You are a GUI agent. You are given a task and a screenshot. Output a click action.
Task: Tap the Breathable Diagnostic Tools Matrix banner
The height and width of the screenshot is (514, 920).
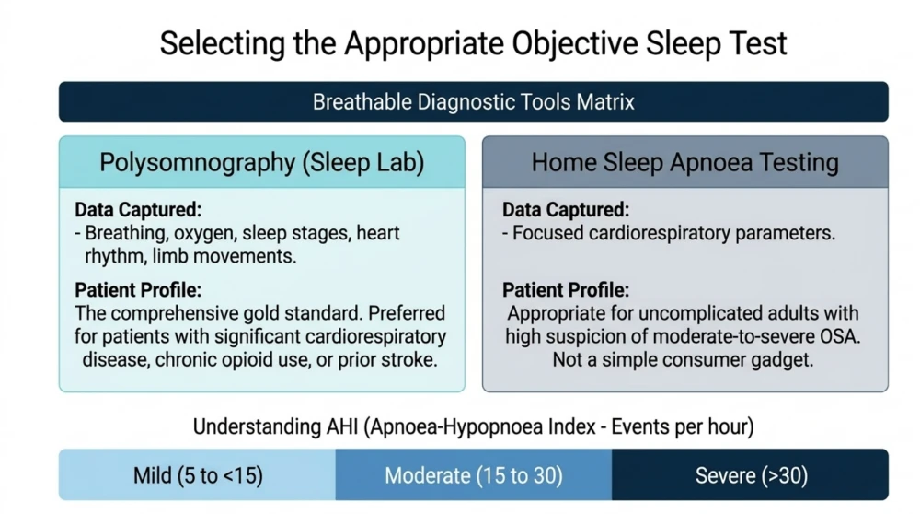coord(474,101)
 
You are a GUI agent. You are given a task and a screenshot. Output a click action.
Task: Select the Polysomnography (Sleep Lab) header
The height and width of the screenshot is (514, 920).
coord(261,162)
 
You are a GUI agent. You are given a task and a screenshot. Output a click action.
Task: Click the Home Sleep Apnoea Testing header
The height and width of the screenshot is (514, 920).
coord(684,162)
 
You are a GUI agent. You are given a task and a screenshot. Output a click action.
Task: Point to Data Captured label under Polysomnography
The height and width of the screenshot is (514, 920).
coord(138,210)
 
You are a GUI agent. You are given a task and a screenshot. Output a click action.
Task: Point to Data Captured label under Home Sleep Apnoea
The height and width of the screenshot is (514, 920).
coord(566,210)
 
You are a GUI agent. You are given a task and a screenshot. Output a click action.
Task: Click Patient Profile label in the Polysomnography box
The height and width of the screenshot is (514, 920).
coord(138,289)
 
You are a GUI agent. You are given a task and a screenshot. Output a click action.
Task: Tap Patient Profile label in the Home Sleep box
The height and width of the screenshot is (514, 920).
coord(566,289)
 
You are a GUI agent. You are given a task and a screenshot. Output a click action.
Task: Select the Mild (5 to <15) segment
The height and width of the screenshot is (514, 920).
coord(197,474)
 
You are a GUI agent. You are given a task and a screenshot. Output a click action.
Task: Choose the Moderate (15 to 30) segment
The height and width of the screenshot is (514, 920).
coord(474,474)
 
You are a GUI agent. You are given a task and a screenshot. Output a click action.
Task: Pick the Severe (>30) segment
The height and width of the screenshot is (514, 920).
coord(751,474)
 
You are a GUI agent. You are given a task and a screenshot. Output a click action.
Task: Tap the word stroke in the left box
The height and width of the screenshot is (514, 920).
coord(409,359)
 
